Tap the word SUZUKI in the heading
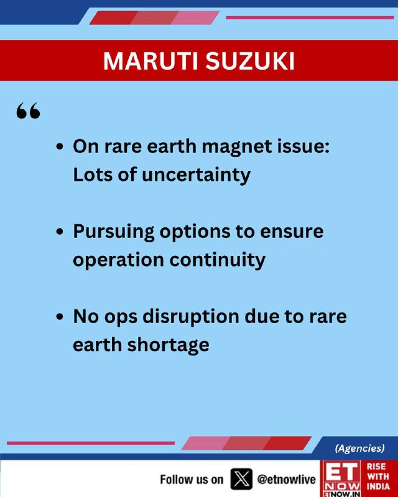point(251,60)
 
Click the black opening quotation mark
point(28,111)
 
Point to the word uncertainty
point(196,175)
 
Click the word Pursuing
point(114,232)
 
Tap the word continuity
point(218,260)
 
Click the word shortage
point(168,345)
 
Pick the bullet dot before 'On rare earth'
point(59,147)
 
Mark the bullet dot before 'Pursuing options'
point(59,232)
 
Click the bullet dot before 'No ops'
point(59,317)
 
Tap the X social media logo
point(241,478)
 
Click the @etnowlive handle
point(286,479)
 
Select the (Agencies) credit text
point(359,448)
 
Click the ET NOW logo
point(341,478)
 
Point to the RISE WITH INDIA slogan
point(378,476)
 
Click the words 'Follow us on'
point(192,480)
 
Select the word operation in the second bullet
point(119,260)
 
